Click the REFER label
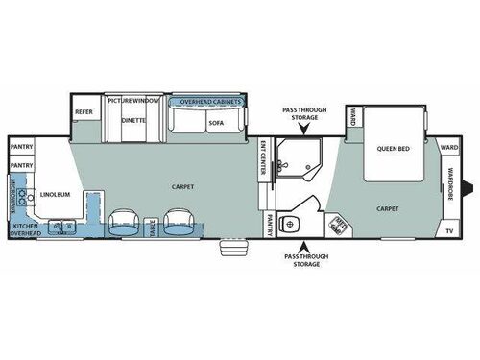84,111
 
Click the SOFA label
217,123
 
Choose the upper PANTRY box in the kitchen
21,146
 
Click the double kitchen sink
63,228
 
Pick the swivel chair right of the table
178,225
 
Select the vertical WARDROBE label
451,182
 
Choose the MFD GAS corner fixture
339,226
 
